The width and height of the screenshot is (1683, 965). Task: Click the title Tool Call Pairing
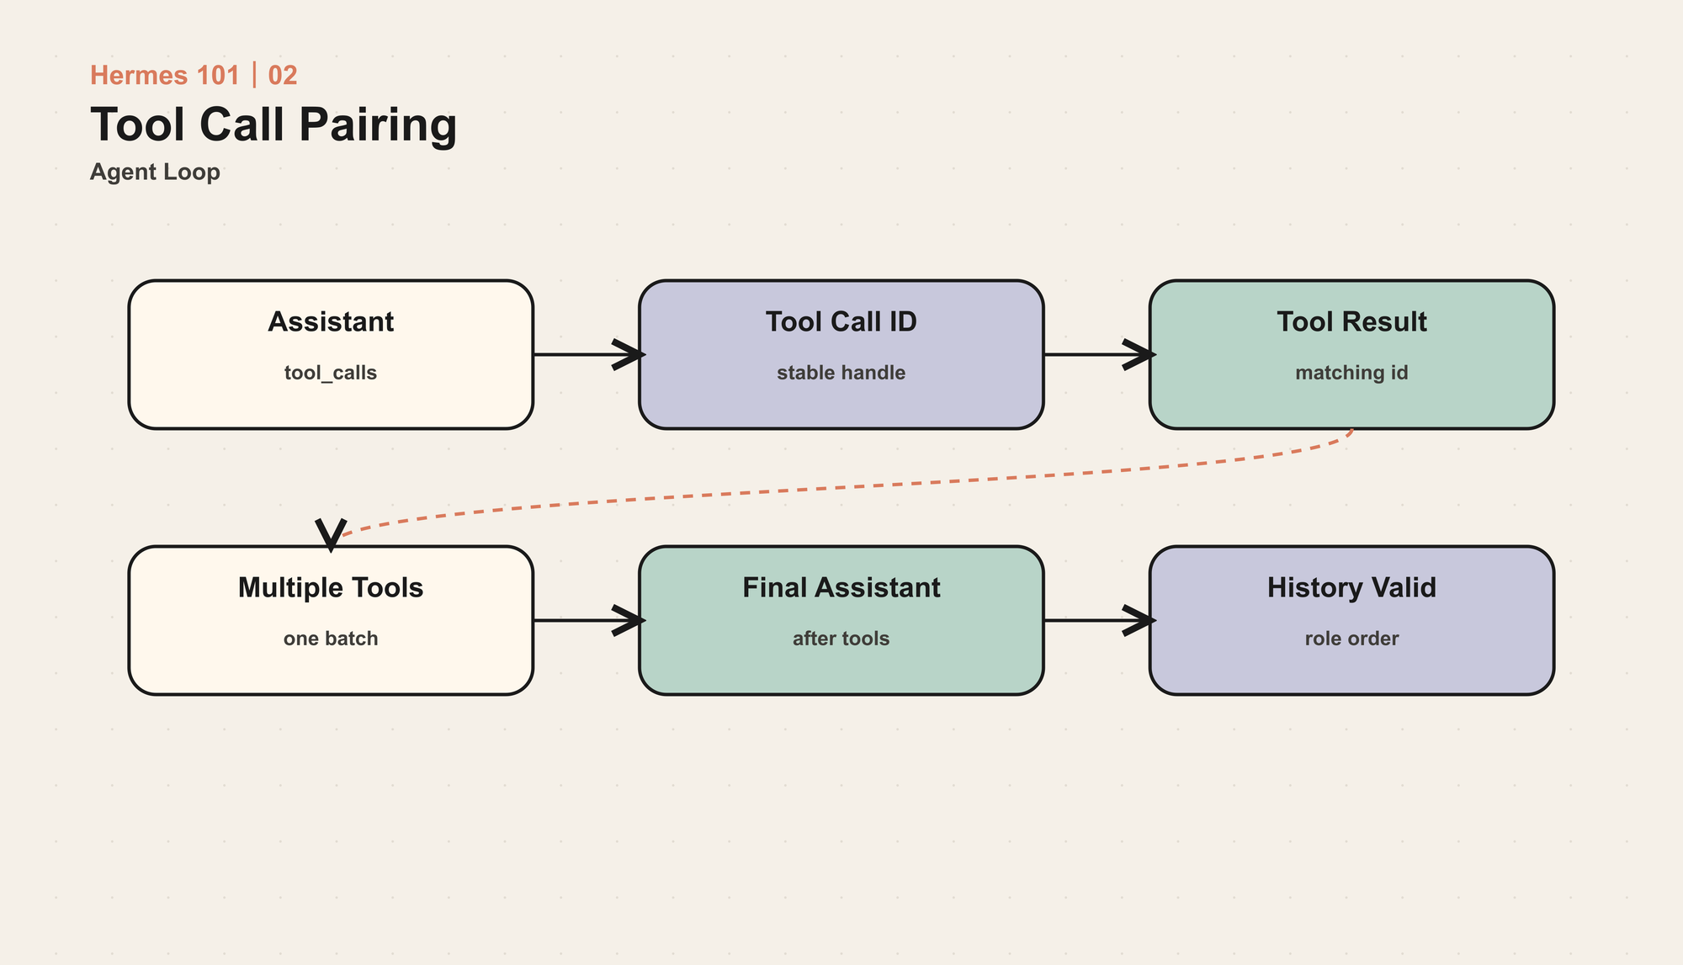pyautogui.click(x=273, y=125)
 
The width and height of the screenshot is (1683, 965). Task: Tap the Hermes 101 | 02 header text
pyautogui.click(x=194, y=76)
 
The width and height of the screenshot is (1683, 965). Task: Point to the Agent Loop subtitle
pyautogui.click(x=155, y=172)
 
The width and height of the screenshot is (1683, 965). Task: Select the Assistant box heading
pyautogui.click(x=331, y=321)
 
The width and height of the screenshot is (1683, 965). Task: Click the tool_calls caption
pyautogui.click(x=331, y=373)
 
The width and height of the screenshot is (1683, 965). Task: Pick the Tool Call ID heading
pyautogui.click(x=841, y=321)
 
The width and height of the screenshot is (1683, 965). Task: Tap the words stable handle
pyautogui.click(x=841, y=373)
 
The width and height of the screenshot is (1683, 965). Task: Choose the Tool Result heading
pyautogui.click(x=1351, y=321)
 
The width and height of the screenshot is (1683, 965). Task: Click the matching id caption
pyautogui.click(x=1351, y=373)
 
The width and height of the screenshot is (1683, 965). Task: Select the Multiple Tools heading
pyautogui.click(x=331, y=587)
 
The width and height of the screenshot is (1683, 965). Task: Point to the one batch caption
pyautogui.click(x=331, y=639)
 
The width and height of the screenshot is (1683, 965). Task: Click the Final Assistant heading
pyautogui.click(x=841, y=587)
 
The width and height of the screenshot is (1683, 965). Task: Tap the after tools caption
pyautogui.click(x=841, y=639)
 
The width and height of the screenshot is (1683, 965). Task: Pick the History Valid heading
pyautogui.click(x=1351, y=587)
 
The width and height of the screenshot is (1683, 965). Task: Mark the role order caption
pyautogui.click(x=1351, y=639)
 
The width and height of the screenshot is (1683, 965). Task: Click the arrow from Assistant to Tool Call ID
pyautogui.click(x=588, y=354)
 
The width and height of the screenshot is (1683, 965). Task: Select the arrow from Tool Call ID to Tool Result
pyautogui.click(x=1099, y=354)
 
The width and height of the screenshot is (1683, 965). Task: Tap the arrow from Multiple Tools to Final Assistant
pyautogui.click(x=588, y=620)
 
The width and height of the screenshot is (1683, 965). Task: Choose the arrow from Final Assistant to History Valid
pyautogui.click(x=1099, y=620)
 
